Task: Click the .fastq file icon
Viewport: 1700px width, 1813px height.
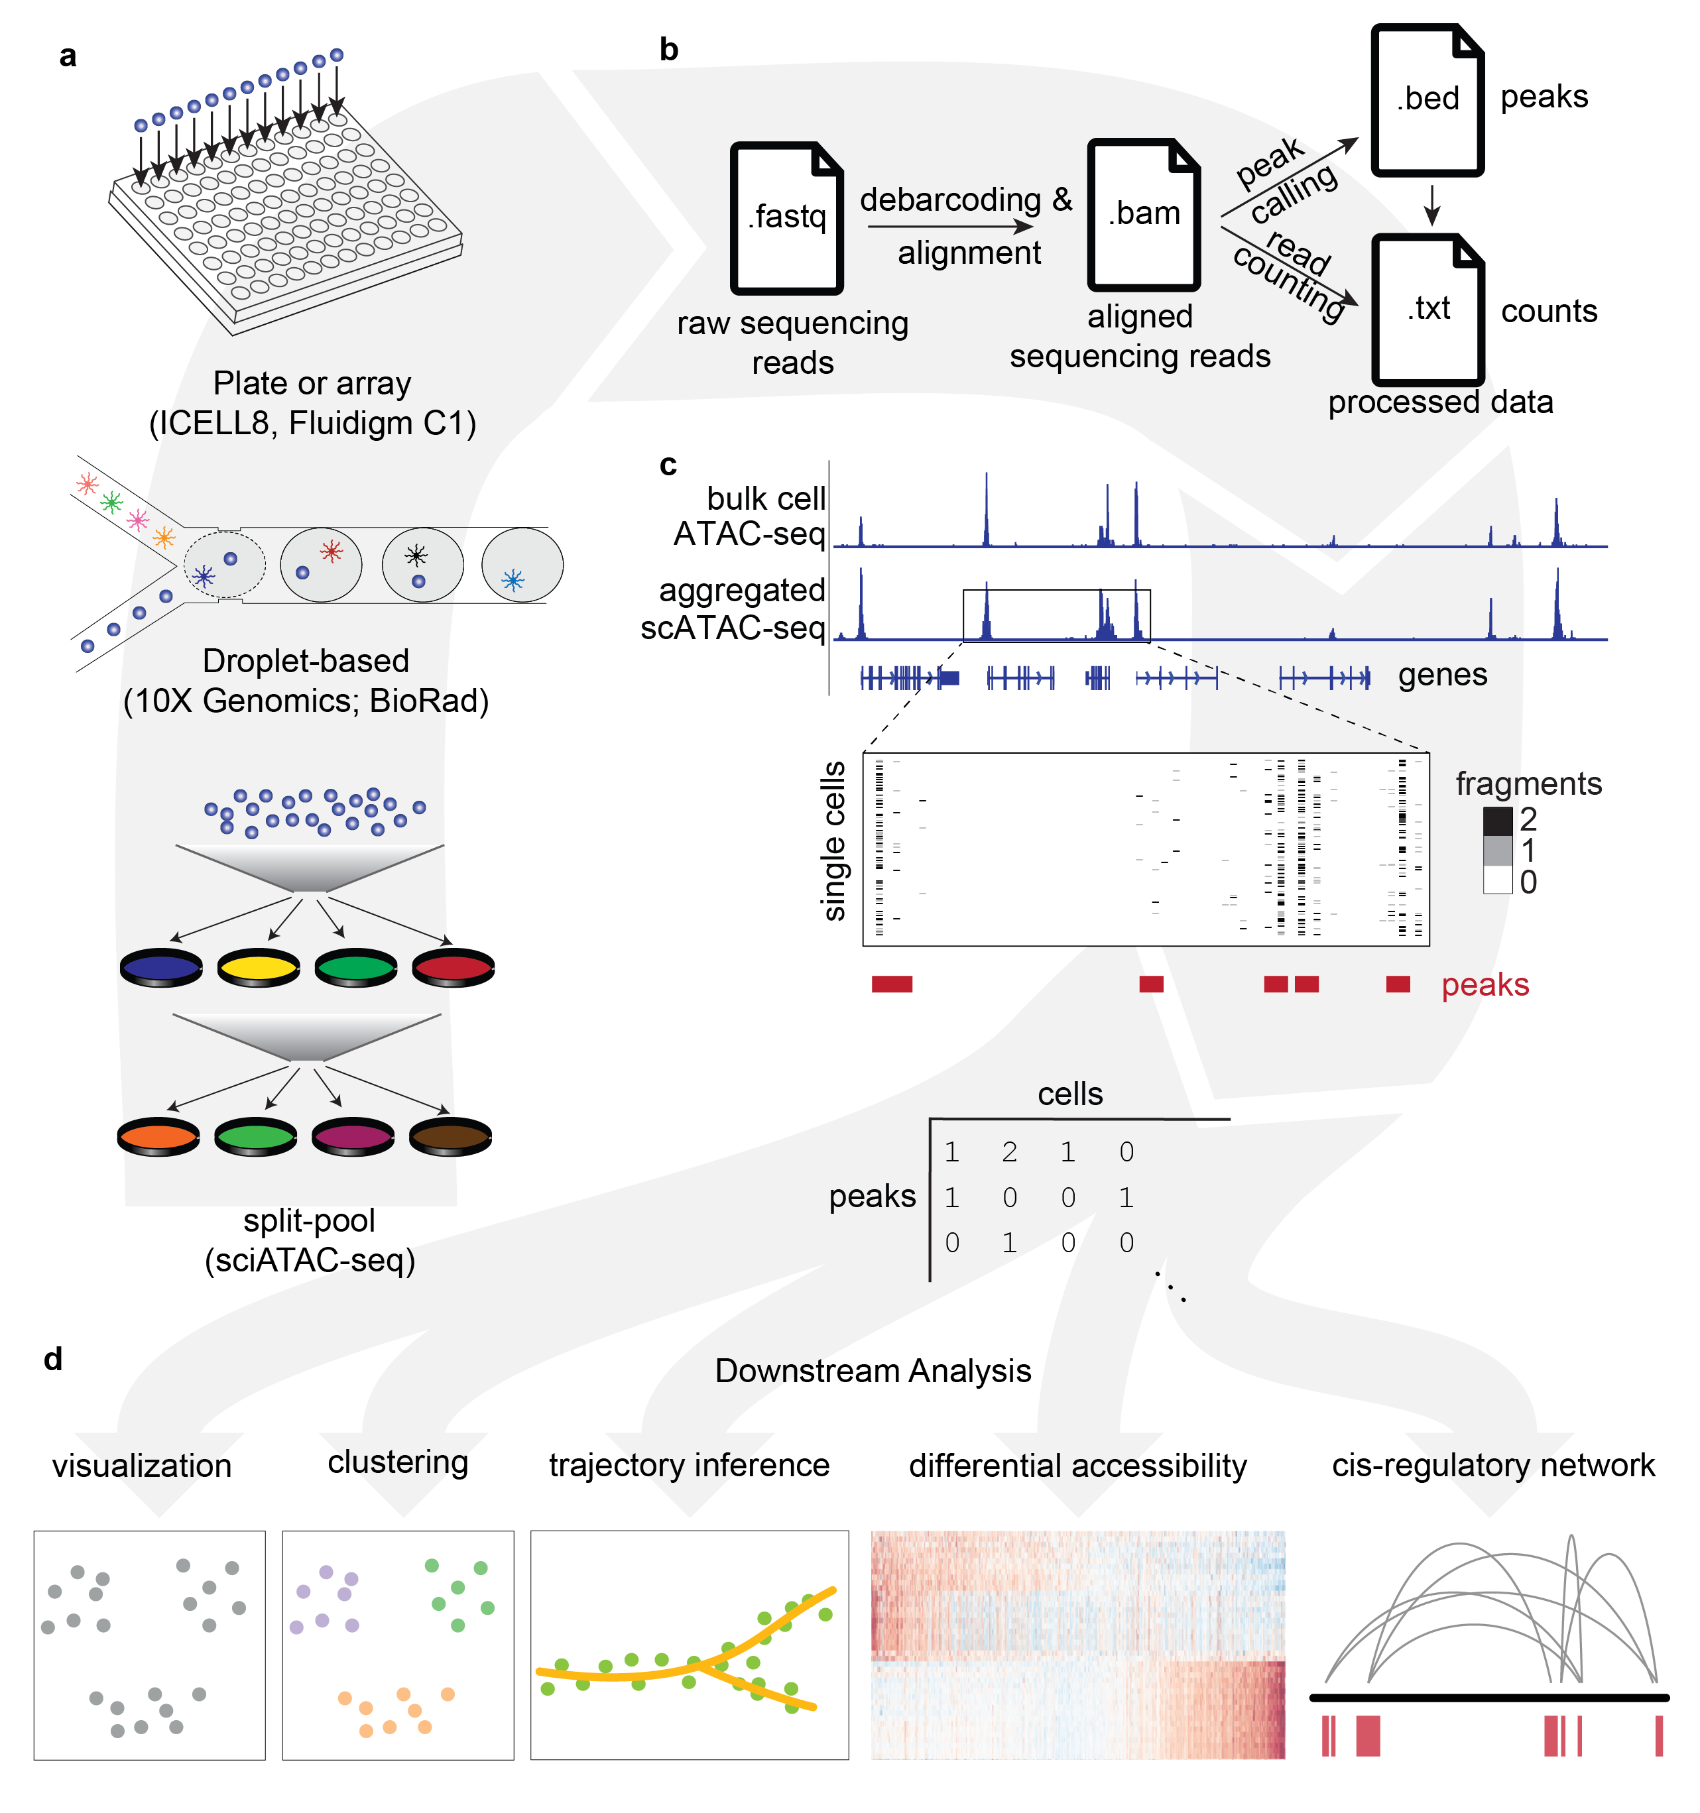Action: (x=786, y=218)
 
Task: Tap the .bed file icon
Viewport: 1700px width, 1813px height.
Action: (x=1427, y=99)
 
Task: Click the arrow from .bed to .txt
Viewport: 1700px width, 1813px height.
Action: (x=1432, y=205)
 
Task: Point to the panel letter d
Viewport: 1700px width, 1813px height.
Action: (x=53, y=1359)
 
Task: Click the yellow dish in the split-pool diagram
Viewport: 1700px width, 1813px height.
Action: (x=258, y=966)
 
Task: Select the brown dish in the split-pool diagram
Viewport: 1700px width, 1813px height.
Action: (x=451, y=1136)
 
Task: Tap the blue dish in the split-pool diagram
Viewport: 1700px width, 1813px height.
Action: (x=160, y=966)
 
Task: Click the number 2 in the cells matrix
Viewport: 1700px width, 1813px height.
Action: (x=1008, y=1152)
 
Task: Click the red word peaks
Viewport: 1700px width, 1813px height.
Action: (x=1485, y=985)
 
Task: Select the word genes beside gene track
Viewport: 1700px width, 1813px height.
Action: (x=1443, y=675)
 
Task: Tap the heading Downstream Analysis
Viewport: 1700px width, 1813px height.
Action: (x=873, y=1371)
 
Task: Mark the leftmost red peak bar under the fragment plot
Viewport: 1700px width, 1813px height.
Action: (x=892, y=984)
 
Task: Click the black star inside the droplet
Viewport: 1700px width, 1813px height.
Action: (x=416, y=554)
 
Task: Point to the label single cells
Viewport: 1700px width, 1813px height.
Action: (x=833, y=841)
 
